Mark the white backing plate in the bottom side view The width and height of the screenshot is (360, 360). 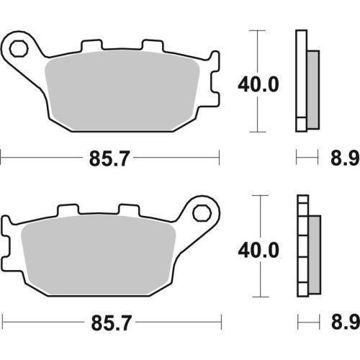pyautogui.click(x=302, y=245)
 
